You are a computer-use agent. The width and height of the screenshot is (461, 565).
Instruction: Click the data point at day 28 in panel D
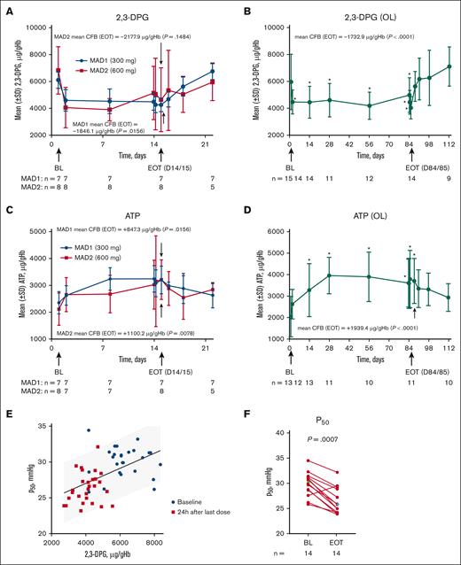tap(329, 275)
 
